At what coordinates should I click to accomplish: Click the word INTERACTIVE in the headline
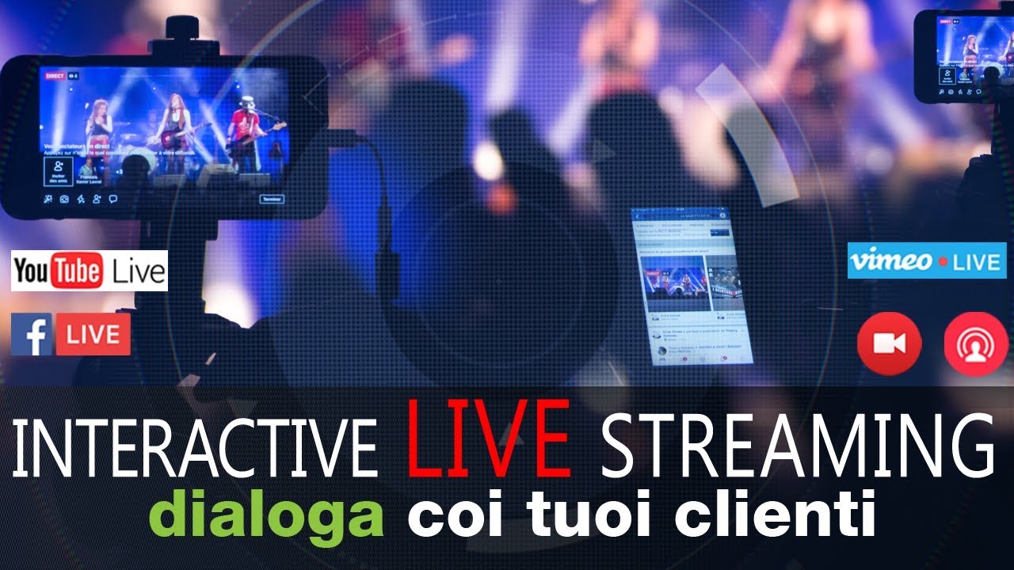[x=194, y=448]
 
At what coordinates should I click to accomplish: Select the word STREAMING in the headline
[x=797, y=448]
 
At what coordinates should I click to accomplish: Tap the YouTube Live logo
[x=90, y=272]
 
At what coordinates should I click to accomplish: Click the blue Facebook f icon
[x=32, y=334]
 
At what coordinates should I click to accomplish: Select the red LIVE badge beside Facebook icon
[x=93, y=334]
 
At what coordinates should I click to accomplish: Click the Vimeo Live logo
[x=927, y=261]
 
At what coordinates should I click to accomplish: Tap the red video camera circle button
[x=889, y=344]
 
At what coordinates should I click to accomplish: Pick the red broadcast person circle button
[x=976, y=344]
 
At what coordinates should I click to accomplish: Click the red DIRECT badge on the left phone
[x=55, y=76]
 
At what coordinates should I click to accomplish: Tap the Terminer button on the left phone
[x=272, y=199]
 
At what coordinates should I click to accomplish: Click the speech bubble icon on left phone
[x=113, y=199]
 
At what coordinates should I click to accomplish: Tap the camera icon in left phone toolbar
[x=64, y=199]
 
